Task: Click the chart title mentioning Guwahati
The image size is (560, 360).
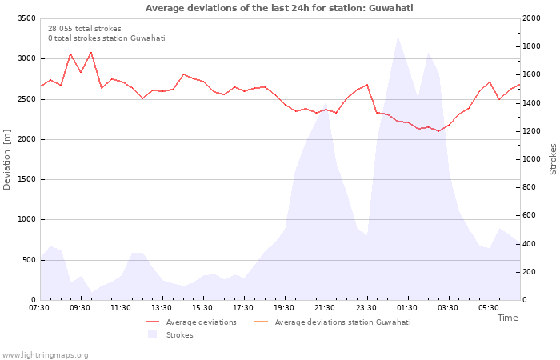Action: point(279,8)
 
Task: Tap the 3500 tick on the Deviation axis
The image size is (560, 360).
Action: point(26,18)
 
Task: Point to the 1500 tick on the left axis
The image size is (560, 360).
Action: point(26,179)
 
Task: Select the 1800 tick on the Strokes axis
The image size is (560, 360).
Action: point(531,46)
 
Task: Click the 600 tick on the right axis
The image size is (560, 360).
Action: point(530,215)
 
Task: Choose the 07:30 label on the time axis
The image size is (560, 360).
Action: point(39,308)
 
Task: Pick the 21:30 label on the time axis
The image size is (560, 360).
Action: point(325,308)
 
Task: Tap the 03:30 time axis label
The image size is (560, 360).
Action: point(447,308)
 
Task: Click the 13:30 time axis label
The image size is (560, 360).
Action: point(162,308)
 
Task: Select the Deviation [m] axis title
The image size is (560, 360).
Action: point(6,160)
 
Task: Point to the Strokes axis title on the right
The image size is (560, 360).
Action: point(554,159)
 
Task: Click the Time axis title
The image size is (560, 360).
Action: point(508,318)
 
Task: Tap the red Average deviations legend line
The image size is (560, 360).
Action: point(152,322)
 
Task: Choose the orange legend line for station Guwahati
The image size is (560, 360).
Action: point(261,322)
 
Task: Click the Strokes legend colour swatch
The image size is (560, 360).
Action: point(153,334)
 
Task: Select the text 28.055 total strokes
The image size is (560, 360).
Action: point(85,29)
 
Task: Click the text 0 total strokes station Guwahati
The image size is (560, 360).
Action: point(106,38)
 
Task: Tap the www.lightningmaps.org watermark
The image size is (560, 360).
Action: point(45,355)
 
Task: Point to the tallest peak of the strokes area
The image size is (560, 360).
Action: point(398,36)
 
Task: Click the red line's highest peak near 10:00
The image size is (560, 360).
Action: point(91,52)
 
